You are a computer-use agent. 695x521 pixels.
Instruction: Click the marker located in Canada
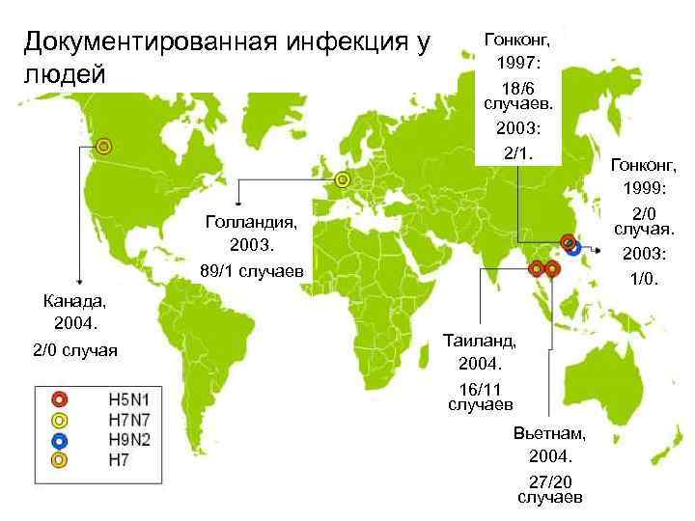click(103, 147)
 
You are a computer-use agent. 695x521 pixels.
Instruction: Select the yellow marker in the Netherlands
click(342, 180)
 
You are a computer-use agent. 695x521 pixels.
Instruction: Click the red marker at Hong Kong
click(567, 241)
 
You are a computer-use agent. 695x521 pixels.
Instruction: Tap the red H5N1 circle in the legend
click(59, 398)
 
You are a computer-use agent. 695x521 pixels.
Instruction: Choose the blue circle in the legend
click(59, 440)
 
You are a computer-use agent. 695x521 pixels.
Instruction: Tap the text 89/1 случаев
click(251, 272)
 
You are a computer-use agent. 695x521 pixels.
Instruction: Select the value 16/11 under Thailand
click(480, 387)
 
